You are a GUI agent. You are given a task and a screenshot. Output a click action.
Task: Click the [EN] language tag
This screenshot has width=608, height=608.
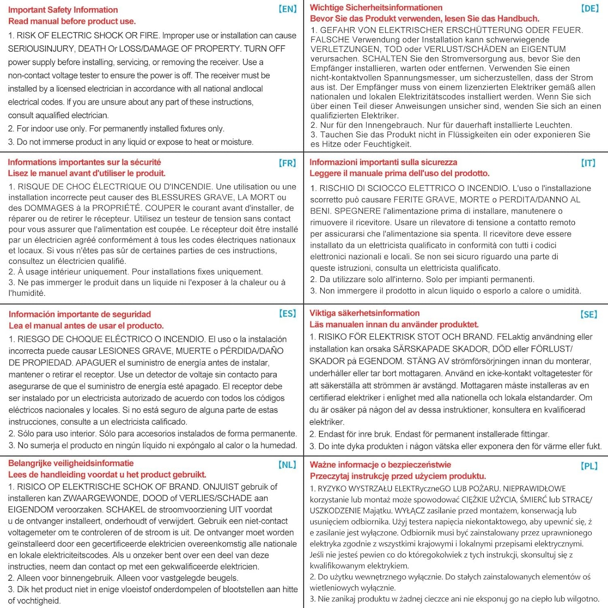coord(288,9)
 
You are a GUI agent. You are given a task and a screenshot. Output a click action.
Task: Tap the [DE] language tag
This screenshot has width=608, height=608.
coord(590,9)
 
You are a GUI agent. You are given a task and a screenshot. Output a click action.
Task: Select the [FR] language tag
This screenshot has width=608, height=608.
coord(287,163)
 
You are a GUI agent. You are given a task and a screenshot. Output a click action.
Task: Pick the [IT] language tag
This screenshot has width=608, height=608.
coord(588,163)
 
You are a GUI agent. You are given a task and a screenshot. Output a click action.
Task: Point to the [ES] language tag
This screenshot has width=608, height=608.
coord(287,313)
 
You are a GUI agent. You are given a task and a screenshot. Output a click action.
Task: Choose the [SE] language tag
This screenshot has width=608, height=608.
coord(589,315)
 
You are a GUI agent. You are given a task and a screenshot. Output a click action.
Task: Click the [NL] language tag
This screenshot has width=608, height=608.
coord(287,465)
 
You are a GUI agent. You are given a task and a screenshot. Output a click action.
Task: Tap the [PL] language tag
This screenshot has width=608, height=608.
coord(589,466)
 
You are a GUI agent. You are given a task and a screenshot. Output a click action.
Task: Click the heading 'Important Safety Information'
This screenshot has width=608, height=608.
coord(63,10)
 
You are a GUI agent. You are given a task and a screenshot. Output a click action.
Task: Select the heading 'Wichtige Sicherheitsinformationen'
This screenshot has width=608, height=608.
coord(376,7)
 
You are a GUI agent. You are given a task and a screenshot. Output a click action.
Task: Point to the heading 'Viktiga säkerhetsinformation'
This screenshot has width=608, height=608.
coord(364,313)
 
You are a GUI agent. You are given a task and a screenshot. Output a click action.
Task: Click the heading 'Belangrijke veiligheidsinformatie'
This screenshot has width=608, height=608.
coord(71,463)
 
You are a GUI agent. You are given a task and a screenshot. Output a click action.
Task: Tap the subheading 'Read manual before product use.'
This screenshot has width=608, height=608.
coord(72,21)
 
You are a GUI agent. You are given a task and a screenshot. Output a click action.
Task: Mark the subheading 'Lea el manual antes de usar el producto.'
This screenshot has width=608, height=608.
coord(86,325)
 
